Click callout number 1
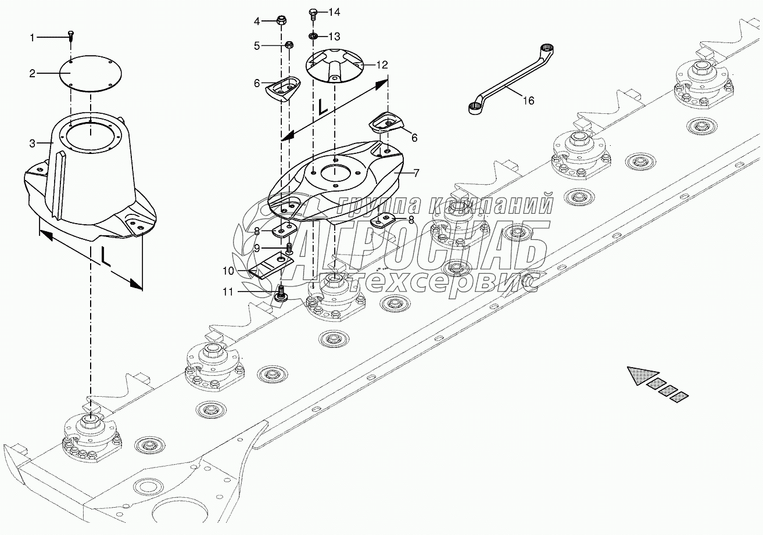(33, 38)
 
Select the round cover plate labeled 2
(91, 73)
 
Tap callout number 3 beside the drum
(33, 143)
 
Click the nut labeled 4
(281, 21)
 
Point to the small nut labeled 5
(288, 45)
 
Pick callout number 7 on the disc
(415, 173)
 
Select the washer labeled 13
(313, 37)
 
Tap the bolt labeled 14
(313, 12)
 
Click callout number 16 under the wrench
(528, 100)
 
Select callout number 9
(256, 247)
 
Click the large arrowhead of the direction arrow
(642, 376)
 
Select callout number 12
(381, 65)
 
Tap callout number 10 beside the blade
(228, 270)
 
